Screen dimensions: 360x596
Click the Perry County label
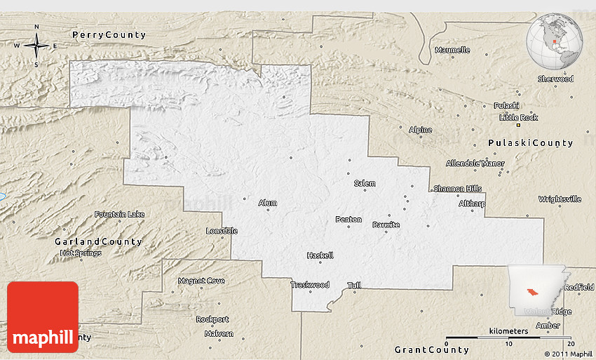pyautogui.click(x=109, y=34)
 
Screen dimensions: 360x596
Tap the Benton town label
pyautogui.click(x=348, y=220)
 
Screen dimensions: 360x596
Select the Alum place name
pyautogui.click(x=267, y=203)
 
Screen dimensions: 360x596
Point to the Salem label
pyautogui.click(x=364, y=183)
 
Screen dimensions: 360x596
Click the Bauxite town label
pyautogui.click(x=386, y=225)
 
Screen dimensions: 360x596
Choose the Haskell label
pyautogui.click(x=320, y=255)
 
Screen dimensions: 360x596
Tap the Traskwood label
pyautogui.click(x=309, y=285)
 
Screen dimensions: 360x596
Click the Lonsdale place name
pyautogui.click(x=222, y=231)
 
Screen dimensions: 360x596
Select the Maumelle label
pyautogui.click(x=452, y=50)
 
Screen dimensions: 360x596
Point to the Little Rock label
pyautogui.click(x=519, y=116)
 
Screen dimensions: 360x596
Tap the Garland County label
pyautogui.click(x=98, y=241)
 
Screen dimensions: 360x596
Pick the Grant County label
pyautogui.click(x=431, y=349)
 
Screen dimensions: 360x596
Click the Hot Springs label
pyautogui.click(x=81, y=253)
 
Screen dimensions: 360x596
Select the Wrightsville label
pyautogui.click(x=560, y=199)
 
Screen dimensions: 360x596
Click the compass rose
pyautogui.click(x=36, y=46)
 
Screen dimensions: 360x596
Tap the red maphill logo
pyautogui.click(x=43, y=317)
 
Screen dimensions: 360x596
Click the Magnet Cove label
pyautogui.click(x=201, y=281)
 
